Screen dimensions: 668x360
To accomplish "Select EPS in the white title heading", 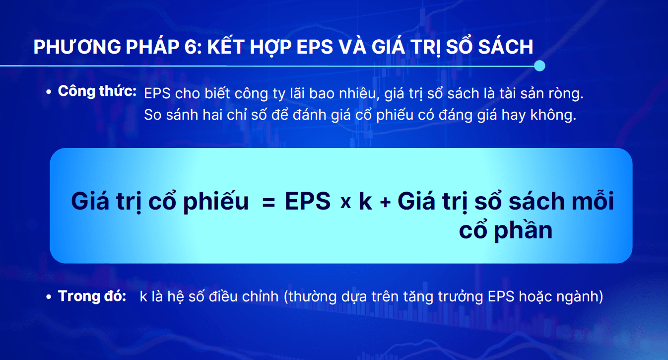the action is coord(315,47).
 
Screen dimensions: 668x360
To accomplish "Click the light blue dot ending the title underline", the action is coord(539,66).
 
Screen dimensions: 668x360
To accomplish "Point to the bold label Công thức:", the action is coord(97,91).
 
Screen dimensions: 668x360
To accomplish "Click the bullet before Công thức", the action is coord(49,92).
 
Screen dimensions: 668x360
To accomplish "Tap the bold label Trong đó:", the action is coord(92,296).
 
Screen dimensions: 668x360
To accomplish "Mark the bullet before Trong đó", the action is coord(49,297).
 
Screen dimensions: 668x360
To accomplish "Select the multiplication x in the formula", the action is coord(345,203).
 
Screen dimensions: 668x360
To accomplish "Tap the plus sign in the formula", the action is coord(385,203).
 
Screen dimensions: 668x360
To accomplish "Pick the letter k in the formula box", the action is coord(365,201).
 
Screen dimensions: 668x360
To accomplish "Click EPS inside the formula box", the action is coord(308,201).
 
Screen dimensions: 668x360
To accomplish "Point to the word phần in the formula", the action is coord(523,230).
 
